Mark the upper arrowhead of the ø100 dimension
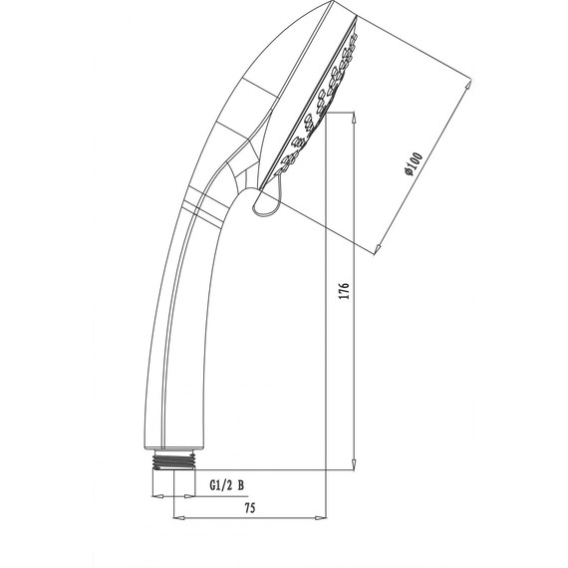(469, 88)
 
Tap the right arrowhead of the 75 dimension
(321, 517)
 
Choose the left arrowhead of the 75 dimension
(178, 517)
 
